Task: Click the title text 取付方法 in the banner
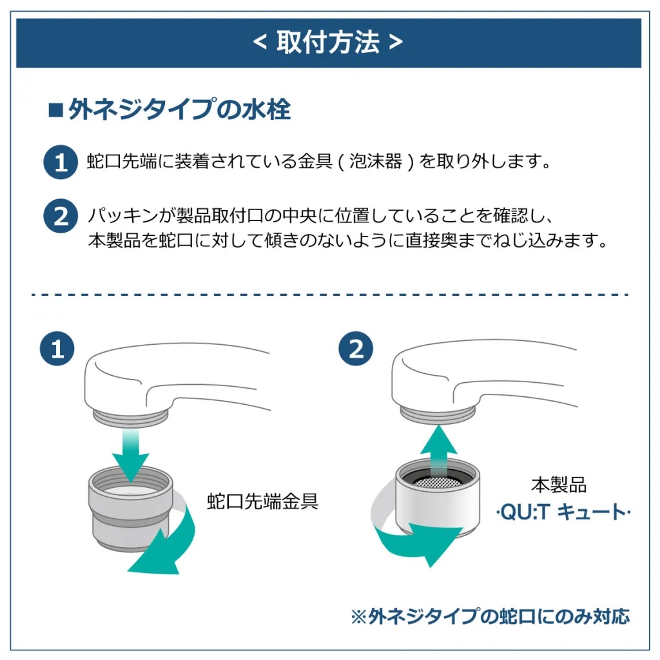(328, 43)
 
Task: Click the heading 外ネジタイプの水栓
(179, 110)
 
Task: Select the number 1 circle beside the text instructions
(61, 161)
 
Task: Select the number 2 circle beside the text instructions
(61, 216)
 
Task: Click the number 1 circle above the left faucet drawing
(57, 349)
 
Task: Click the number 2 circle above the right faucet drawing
(356, 349)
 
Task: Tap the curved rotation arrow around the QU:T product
(412, 535)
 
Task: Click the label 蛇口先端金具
(262, 501)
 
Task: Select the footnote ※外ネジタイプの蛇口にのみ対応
(490, 616)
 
